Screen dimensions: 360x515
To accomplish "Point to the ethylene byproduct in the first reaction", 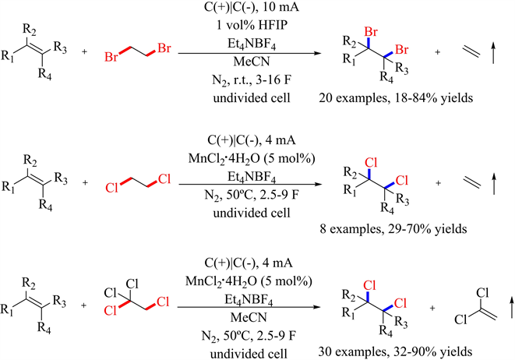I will [465, 54].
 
